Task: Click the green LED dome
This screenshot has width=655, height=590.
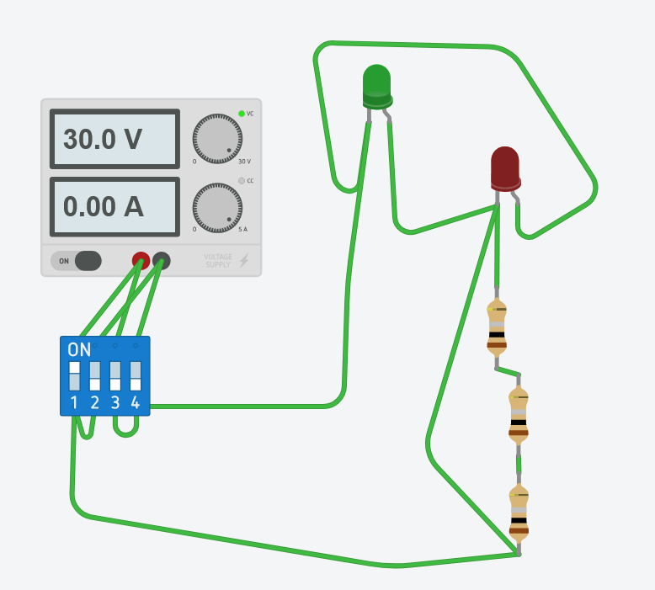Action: [x=377, y=87]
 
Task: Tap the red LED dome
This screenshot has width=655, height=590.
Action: [x=505, y=169]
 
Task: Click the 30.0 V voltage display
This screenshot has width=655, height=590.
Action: [x=114, y=139]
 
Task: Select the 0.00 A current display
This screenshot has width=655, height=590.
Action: [x=114, y=207]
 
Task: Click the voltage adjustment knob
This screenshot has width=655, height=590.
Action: [x=217, y=139]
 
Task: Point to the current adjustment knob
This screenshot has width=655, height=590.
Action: [x=217, y=208]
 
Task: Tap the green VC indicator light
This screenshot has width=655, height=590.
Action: [x=242, y=114]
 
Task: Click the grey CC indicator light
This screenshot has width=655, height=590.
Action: [x=242, y=181]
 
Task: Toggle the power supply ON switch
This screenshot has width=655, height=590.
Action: [x=76, y=261]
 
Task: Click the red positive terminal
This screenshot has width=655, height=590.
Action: [x=141, y=261]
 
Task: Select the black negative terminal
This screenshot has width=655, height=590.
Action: [x=162, y=261]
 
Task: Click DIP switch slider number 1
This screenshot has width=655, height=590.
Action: [x=74, y=375]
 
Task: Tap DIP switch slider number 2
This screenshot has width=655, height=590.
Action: [x=95, y=375]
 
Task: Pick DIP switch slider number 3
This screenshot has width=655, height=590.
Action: [x=114, y=375]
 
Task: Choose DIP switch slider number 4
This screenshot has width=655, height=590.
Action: [x=136, y=375]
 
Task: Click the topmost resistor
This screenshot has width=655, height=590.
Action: [x=497, y=327]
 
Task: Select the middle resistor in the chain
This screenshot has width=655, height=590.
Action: [x=519, y=415]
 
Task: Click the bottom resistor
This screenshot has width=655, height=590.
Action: [x=519, y=513]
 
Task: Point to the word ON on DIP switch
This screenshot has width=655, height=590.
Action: [x=79, y=350]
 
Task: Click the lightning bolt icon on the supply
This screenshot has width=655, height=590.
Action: [x=244, y=261]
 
